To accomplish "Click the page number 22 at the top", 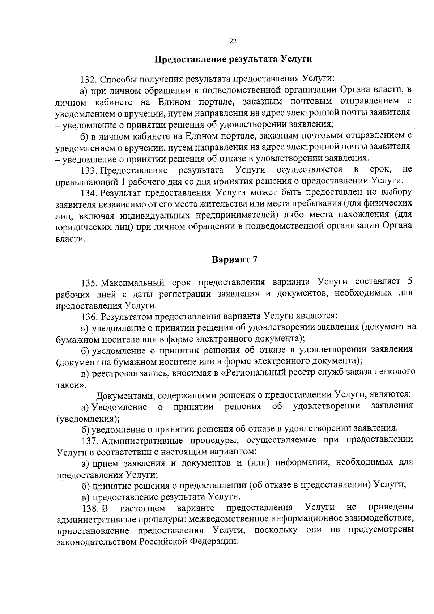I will click(x=233, y=41).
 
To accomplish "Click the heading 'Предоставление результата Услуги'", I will click(x=233, y=59).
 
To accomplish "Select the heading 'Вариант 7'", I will click(x=234, y=260).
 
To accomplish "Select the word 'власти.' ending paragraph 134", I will click(x=71, y=239).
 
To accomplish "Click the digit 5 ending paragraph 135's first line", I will click(x=409, y=281).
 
